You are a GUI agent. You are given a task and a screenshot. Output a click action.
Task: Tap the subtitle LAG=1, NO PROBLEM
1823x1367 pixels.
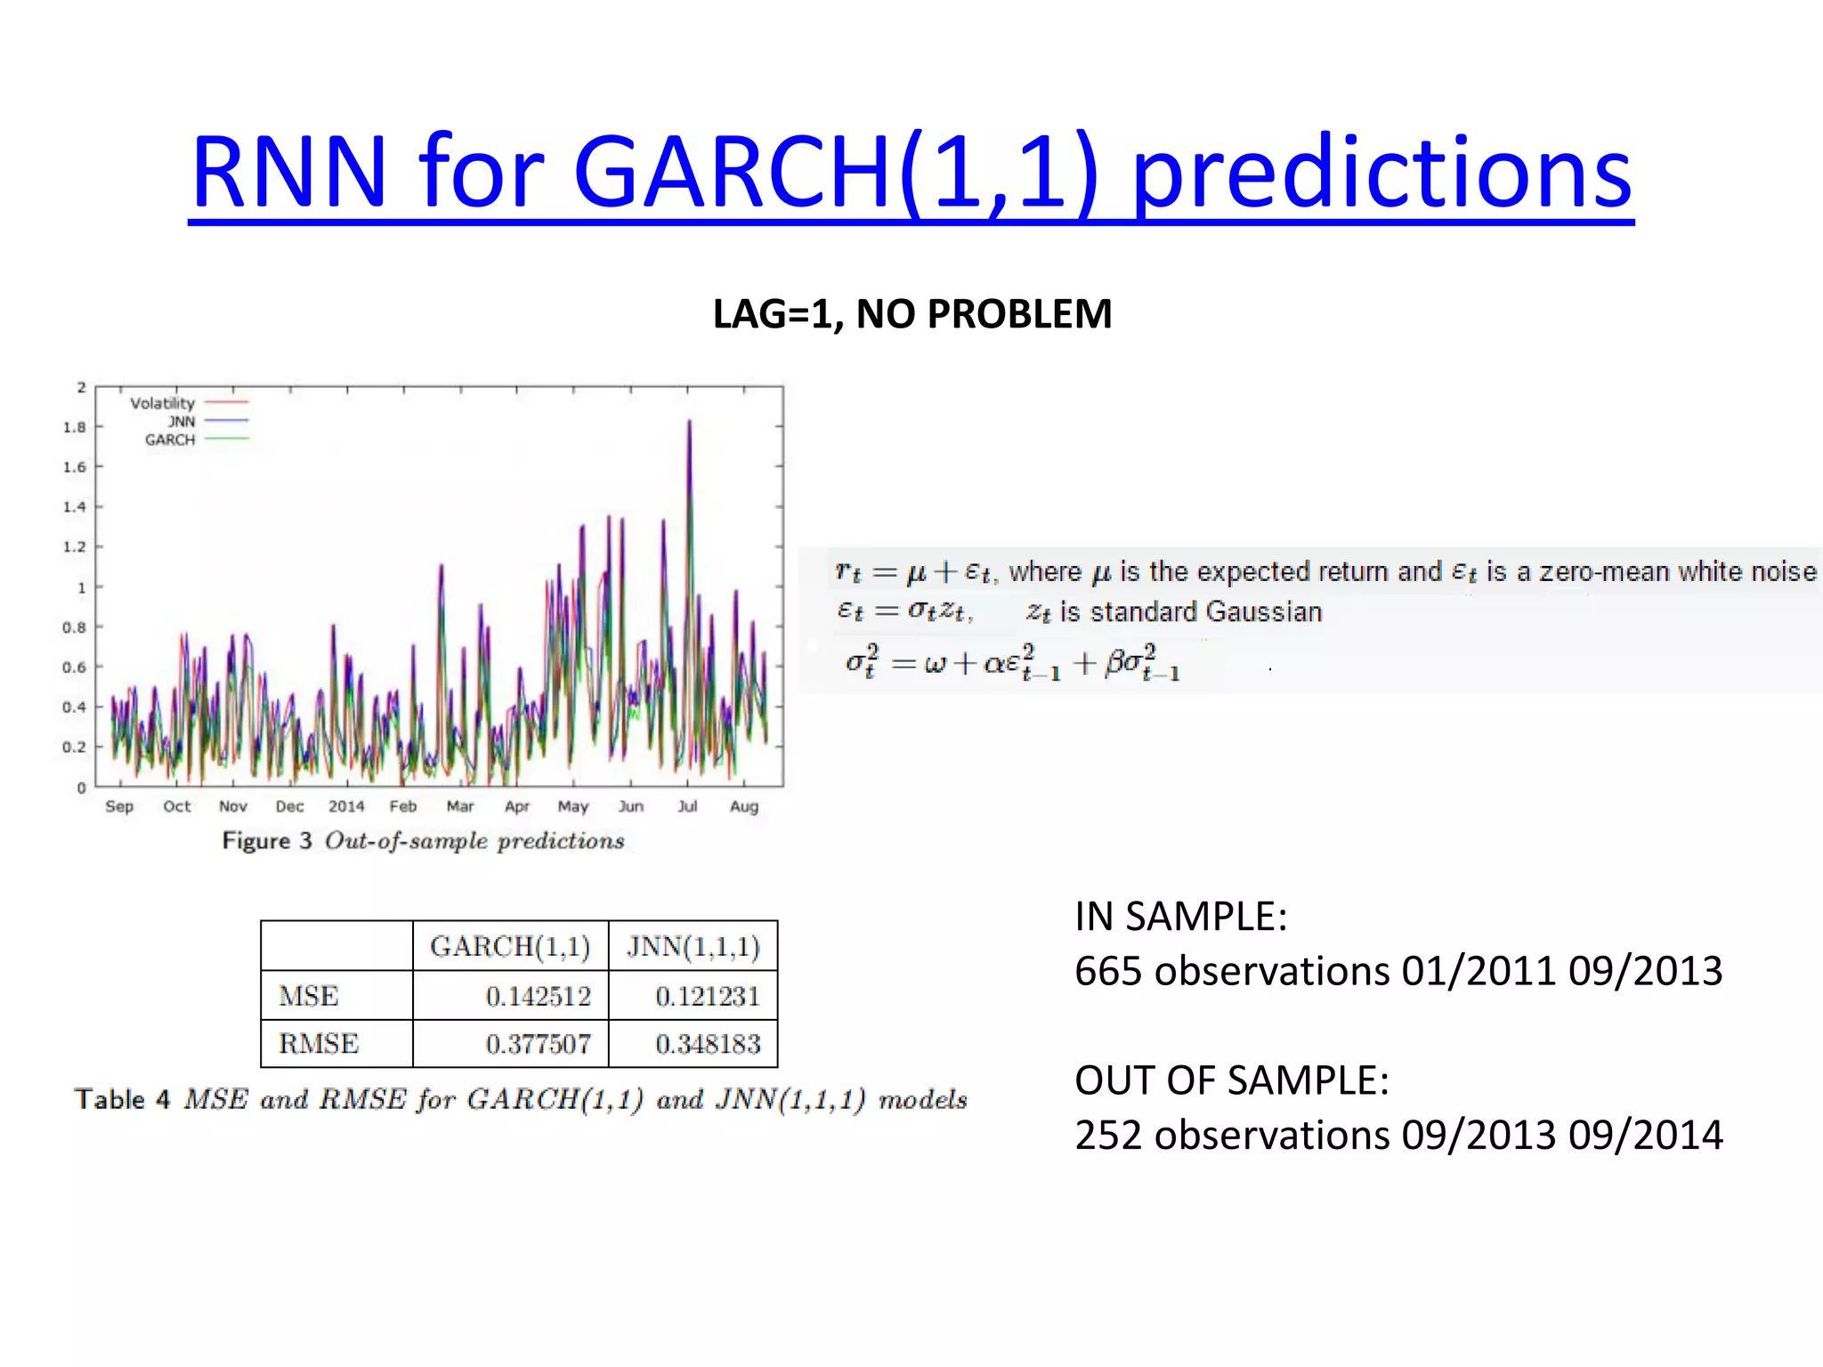pyautogui.click(x=911, y=314)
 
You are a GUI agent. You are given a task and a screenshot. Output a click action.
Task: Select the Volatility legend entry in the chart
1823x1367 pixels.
pyautogui.click(x=163, y=403)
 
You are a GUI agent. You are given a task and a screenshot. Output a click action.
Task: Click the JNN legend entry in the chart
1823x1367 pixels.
pyautogui.click(x=182, y=421)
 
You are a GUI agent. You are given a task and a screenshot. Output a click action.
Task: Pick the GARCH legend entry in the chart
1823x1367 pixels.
pyautogui.click(x=170, y=440)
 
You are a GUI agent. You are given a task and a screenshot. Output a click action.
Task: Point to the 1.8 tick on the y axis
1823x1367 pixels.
pyautogui.click(x=75, y=427)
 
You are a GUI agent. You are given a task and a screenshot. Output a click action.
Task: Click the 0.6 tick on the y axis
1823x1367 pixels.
pyautogui.click(x=75, y=667)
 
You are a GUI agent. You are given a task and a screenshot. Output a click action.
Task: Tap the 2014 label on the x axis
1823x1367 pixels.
pyautogui.click(x=346, y=806)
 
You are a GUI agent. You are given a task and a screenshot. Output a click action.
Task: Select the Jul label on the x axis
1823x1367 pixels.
pyautogui.click(x=687, y=806)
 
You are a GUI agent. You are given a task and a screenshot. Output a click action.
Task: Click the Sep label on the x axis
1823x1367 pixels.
pyautogui.click(x=119, y=806)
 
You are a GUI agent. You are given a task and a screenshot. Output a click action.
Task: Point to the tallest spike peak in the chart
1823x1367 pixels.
pyautogui.click(x=689, y=423)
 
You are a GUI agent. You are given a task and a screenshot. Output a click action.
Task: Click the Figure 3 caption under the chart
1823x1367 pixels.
pyautogui.click(x=424, y=841)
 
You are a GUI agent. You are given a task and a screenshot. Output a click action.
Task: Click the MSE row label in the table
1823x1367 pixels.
pyautogui.click(x=308, y=996)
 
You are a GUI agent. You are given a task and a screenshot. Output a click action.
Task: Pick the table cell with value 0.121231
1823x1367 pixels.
pyautogui.click(x=708, y=996)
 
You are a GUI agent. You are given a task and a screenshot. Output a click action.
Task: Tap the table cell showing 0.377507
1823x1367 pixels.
pyautogui.click(x=538, y=1044)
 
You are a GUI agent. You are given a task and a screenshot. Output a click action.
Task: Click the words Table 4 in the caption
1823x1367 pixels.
pyautogui.click(x=122, y=1100)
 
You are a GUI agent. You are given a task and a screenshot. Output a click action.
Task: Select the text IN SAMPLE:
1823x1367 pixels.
pyautogui.click(x=1180, y=917)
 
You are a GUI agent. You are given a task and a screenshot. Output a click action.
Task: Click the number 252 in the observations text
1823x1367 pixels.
pyautogui.click(x=1108, y=1136)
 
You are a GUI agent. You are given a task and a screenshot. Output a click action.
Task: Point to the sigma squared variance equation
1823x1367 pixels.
pyautogui.click(x=1012, y=664)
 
